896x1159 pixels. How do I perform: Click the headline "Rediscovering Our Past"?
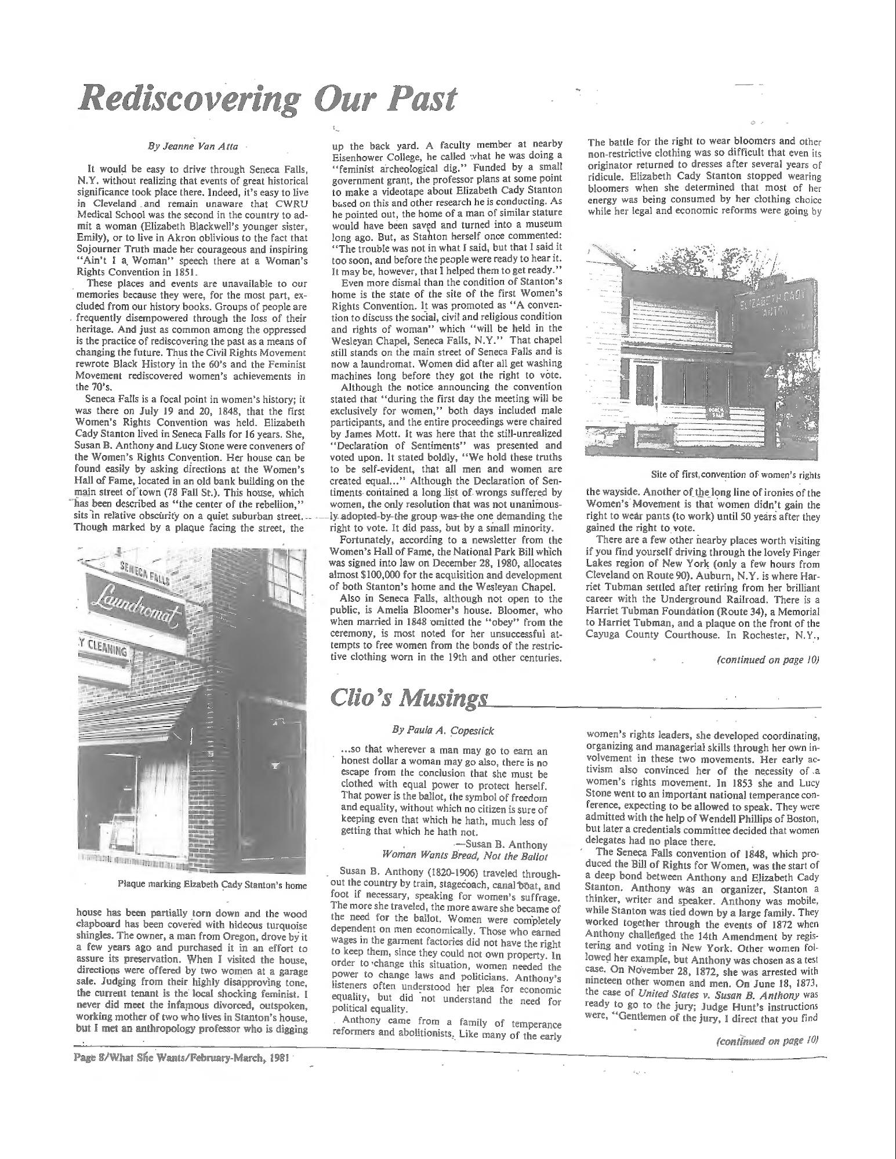click(x=267, y=100)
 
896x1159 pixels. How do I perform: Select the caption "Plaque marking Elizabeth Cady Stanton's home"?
click(x=212, y=885)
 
